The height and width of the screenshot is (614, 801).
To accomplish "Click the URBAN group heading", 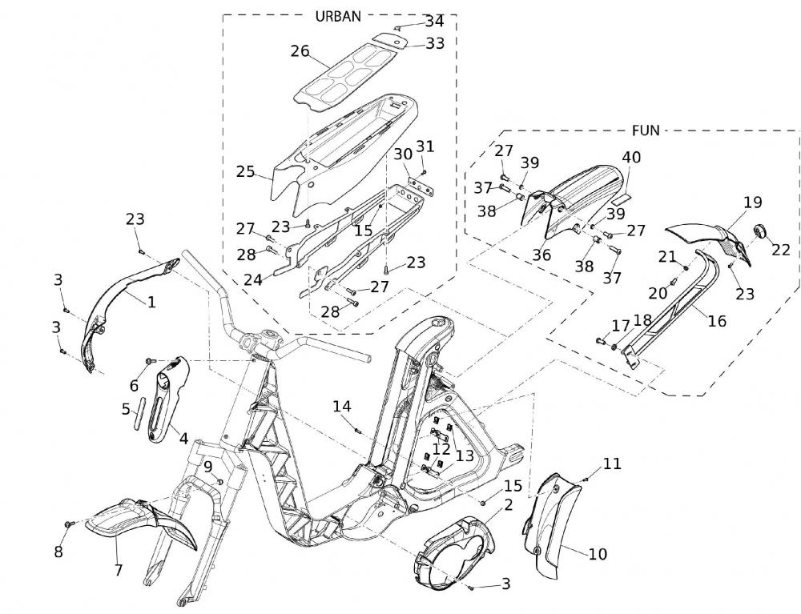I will (x=339, y=15).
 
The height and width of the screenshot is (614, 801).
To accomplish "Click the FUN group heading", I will (x=645, y=130).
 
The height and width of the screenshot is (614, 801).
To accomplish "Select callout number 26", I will (x=300, y=52).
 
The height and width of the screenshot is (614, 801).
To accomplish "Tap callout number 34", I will (x=434, y=20).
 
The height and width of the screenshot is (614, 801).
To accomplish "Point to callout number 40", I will (x=631, y=158).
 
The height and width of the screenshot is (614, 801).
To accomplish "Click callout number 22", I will (x=781, y=250).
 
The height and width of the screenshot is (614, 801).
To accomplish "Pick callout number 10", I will (x=598, y=553).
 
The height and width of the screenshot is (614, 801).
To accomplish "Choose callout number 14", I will (x=342, y=407).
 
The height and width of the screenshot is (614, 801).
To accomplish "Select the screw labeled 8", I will (x=69, y=524).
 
